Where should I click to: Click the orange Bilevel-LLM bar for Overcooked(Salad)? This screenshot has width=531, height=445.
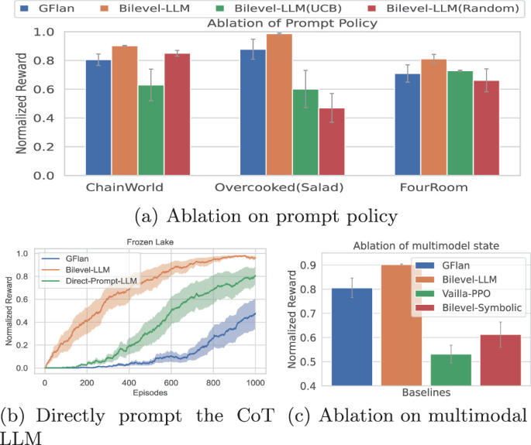[279, 104]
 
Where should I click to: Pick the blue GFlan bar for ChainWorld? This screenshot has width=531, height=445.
[98, 118]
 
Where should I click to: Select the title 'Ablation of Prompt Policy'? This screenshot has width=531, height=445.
[293, 23]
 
